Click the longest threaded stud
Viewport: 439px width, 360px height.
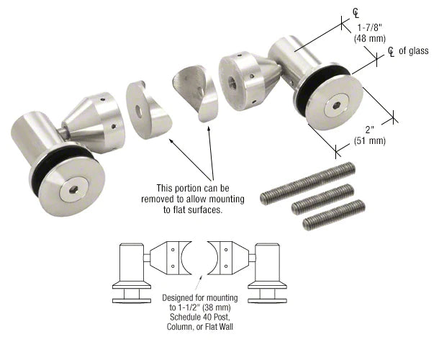point(307,184)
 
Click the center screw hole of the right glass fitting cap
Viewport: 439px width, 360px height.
point(336,106)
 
